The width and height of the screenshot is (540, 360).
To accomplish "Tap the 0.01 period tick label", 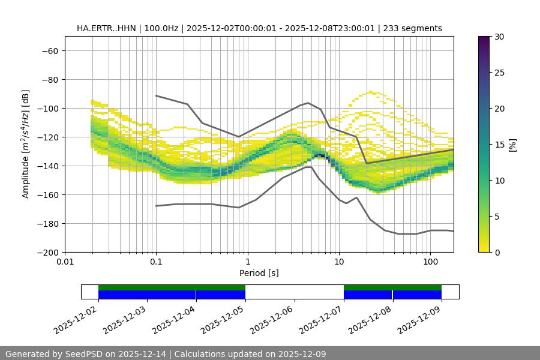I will tap(65, 262).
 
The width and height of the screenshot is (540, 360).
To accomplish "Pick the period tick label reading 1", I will tap(247, 262).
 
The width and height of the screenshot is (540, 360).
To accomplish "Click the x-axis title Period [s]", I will tap(259, 273).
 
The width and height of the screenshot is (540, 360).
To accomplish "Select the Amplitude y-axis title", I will tap(26, 145).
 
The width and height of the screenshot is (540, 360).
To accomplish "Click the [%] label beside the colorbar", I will tap(512, 145).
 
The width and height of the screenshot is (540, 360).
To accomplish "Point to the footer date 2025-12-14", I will tap(145, 354).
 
